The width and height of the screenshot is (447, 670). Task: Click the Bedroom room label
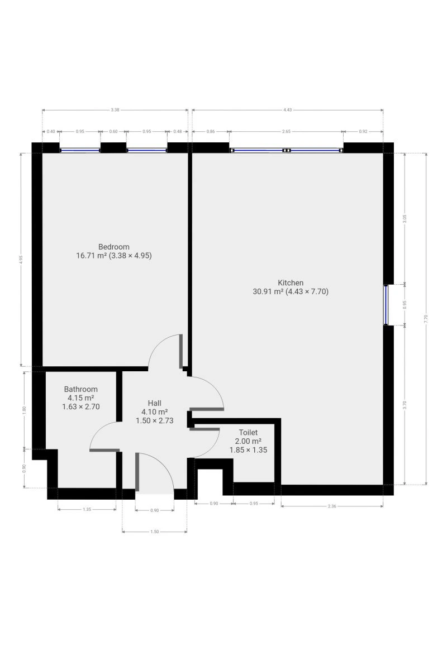(114, 247)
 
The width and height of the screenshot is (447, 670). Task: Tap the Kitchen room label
(291, 283)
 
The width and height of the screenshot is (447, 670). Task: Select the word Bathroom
(81, 389)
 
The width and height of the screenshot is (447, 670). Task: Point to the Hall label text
(154, 403)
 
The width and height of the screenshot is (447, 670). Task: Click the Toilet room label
(248, 432)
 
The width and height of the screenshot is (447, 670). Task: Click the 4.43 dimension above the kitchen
(287, 110)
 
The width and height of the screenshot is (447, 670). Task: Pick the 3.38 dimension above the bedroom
(115, 110)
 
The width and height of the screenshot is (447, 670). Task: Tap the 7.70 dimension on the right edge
(426, 319)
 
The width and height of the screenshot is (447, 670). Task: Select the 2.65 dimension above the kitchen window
(286, 131)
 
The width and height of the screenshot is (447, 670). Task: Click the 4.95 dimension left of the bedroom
(21, 259)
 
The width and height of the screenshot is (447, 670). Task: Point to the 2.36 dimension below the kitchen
(332, 506)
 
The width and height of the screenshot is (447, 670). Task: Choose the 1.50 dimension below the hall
(154, 532)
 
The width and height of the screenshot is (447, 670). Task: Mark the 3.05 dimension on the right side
(405, 219)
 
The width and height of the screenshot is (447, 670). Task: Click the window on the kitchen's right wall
(386, 305)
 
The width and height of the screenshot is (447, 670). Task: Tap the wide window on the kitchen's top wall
(287, 150)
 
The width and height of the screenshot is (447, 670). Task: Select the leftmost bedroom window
(80, 150)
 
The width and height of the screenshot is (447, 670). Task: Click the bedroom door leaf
(181, 351)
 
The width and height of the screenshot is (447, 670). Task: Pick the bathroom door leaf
(104, 450)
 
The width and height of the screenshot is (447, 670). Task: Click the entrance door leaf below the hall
(137, 472)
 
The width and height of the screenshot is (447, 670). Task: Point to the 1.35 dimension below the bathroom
(87, 509)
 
